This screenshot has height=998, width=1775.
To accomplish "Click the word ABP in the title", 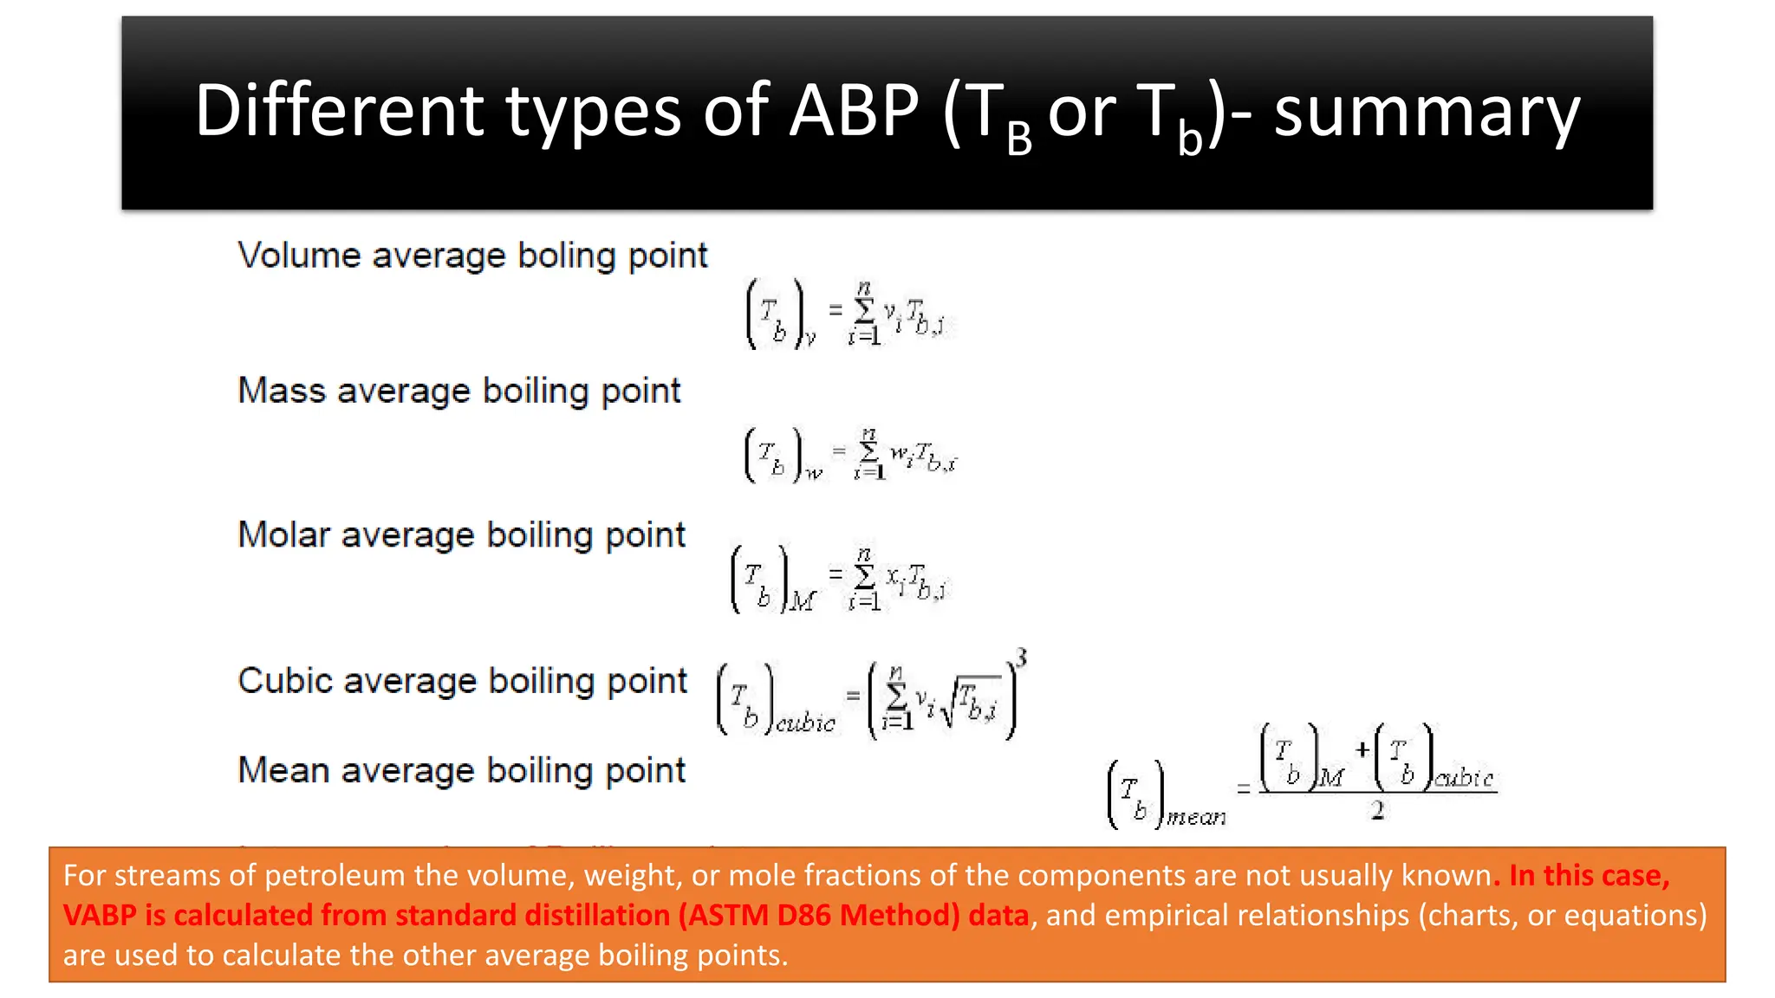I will (853, 111).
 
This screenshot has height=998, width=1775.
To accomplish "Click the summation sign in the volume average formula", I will (864, 310).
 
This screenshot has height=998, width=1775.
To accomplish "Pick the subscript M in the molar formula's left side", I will (803, 600).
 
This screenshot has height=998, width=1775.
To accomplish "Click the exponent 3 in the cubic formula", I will (1022, 658).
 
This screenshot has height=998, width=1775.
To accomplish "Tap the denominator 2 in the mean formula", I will (1377, 811).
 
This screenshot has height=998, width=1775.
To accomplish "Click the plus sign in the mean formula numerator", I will (1362, 749).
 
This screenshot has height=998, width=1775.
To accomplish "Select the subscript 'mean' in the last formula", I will (1196, 817).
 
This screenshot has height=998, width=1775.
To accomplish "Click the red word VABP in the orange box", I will (99, 915).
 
